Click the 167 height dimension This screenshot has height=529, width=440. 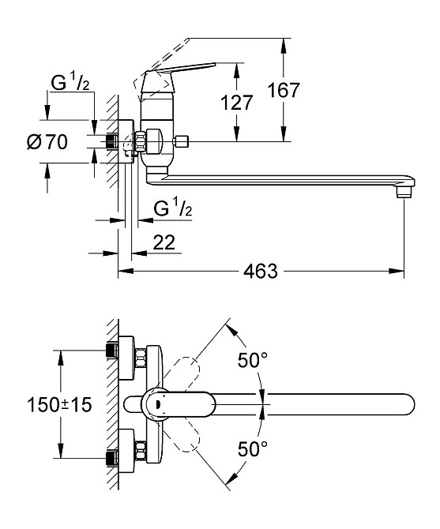pos(284,90)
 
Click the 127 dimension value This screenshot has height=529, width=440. pos(236,103)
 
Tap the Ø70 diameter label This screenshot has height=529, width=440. pos(47,142)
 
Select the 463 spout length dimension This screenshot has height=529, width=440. pos(261,271)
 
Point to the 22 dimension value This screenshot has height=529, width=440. pos(164,242)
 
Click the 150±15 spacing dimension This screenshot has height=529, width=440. pos(59,404)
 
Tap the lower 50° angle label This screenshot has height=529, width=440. pos(253,448)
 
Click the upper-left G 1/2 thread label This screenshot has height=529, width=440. pos(70,83)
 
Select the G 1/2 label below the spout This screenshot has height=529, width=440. pos(173,208)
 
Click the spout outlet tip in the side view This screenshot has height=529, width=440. pos(404,193)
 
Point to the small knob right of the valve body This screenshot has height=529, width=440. pos(180,141)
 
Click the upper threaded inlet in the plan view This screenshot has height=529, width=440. pos(112,351)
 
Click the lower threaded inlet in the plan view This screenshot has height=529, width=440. pos(112,458)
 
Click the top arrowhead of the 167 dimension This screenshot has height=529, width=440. pos(284,45)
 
